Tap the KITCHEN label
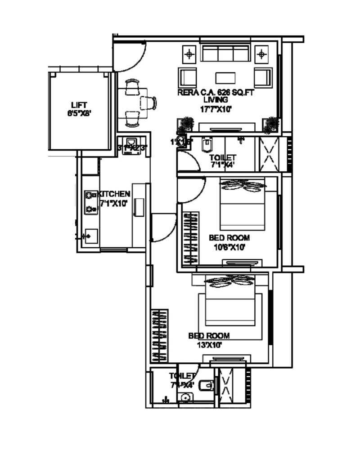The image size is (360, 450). pyautogui.click(x=115, y=194)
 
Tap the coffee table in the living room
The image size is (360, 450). pyautogui.click(x=225, y=78)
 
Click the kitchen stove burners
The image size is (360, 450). pyautogui.click(x=91, y=201)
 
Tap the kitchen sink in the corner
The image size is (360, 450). pyautogui.click(x=91, y=236)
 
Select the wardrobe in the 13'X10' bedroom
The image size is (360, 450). pyautogui.click(x=160, y=335)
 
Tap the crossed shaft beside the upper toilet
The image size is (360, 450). pyautogui.click(x=270, y=153)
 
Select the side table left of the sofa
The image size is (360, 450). pyautogui.click(x=189, y=55)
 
